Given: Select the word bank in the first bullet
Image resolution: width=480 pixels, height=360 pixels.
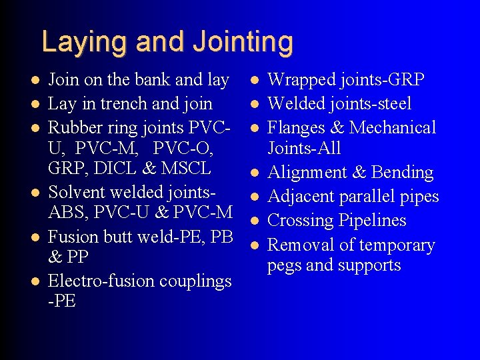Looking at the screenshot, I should tap(151, 80).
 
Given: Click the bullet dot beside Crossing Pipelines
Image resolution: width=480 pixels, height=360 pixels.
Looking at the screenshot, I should tap(254, 221).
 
